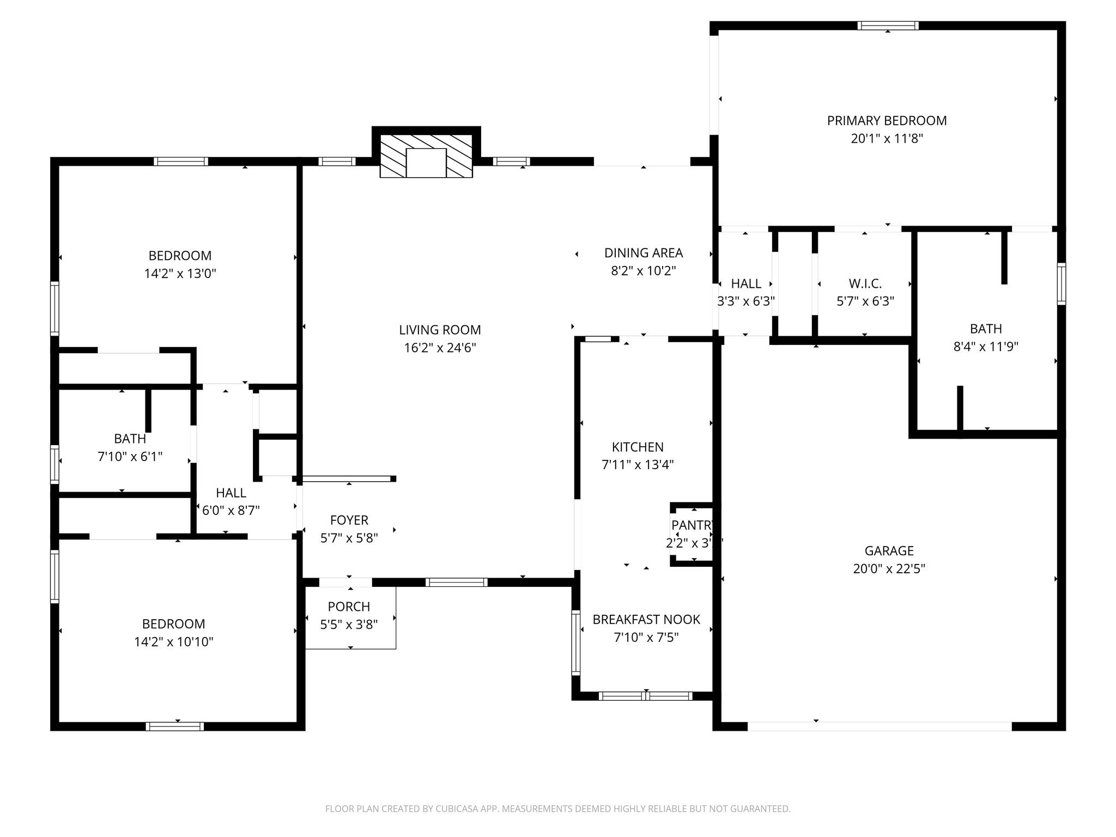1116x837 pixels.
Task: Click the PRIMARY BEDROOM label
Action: [x=887, y=120]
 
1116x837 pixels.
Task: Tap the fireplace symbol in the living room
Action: [x=426, y=159]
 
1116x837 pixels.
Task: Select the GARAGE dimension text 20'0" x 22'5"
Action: [x=889, y=569]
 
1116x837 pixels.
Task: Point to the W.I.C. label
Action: [x=865, y=283]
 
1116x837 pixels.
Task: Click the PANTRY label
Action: [x=692, y=525]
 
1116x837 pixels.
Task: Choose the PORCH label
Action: [x=349, y=606]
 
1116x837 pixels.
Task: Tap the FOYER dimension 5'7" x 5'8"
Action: [x=349, y=538]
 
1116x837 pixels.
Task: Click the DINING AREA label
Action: [x=643, y=253]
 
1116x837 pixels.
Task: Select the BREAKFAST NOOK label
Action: [x=646, y=620]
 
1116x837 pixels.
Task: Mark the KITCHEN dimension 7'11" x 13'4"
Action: [x=638, y=465]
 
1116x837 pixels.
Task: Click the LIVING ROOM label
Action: [x=440, y=330]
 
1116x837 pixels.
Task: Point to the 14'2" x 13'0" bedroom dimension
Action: [x=180, y=274]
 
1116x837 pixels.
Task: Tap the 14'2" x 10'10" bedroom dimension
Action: [x=173, y=642]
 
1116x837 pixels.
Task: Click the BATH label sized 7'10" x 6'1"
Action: [x=130, y=439]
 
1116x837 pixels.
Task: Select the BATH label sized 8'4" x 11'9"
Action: [x=986, y=329]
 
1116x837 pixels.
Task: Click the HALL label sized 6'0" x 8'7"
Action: [x=231, y=493]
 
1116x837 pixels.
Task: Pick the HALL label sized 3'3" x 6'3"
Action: [x=746, y=283]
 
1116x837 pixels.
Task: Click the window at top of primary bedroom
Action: [x=888, y=26]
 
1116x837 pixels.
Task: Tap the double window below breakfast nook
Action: [x=645, y=696]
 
